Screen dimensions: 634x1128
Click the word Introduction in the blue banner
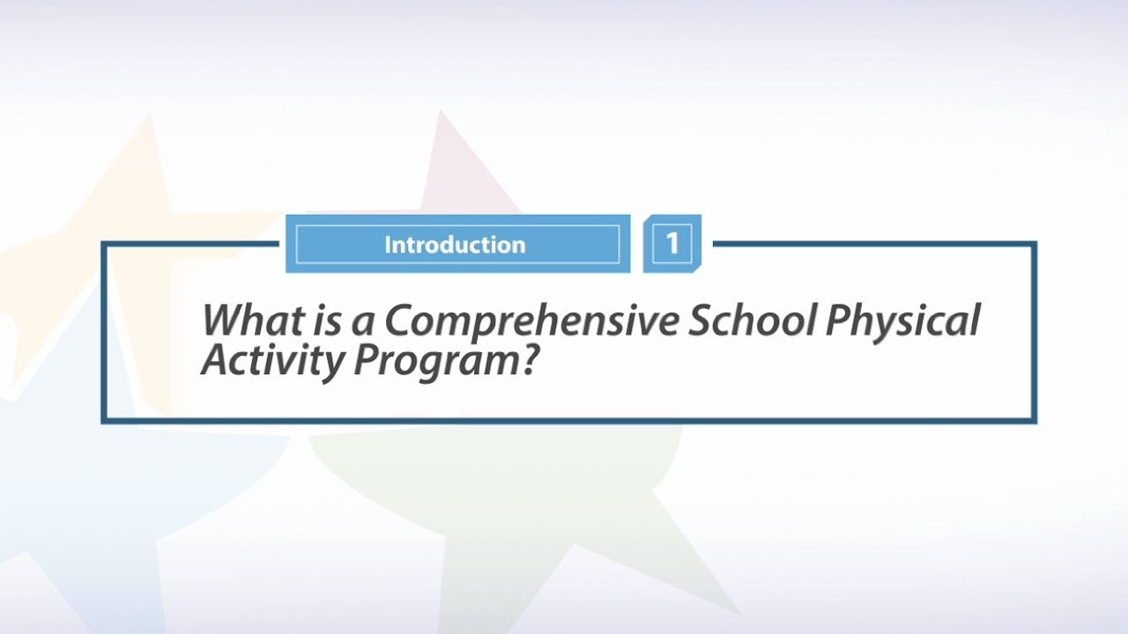tap(455, 245)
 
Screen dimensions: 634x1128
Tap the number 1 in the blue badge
tap(672, 243)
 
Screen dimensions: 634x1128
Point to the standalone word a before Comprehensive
tap(362, 323)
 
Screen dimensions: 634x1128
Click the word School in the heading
tap(751, 321)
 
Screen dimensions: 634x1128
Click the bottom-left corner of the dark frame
tap(104, 421)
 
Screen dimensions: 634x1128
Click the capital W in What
tap(225, 321)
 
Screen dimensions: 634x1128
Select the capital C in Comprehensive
tap(398, 321)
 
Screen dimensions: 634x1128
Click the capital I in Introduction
tap(388, 245)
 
